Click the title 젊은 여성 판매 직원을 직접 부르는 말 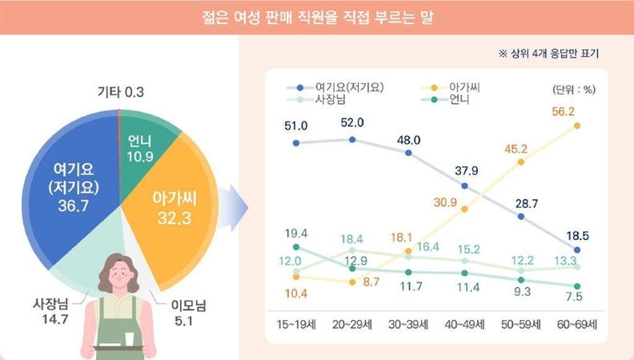[x=317, y=17]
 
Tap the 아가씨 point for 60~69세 [x=576, y=126]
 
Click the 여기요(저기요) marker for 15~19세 [x=296, y=143]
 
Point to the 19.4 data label [x=295, y=233]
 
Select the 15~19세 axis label [x=296, y=324]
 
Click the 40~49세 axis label [x=464, y=324]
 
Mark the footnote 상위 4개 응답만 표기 [x=548, y=54]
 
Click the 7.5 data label [x=575, y=298]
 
